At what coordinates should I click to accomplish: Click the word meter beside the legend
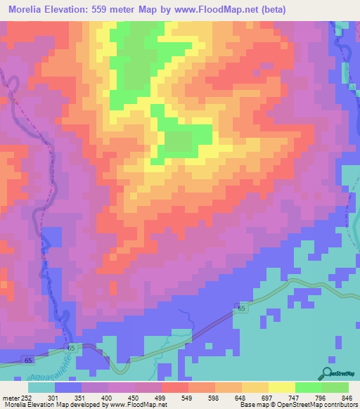pyautogui.click(x=10, y=398)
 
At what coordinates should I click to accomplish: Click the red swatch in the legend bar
pyautogui.click(x=174, y=387)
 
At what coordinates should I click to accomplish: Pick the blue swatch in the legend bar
pyautogui.click(x=68, y=387)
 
